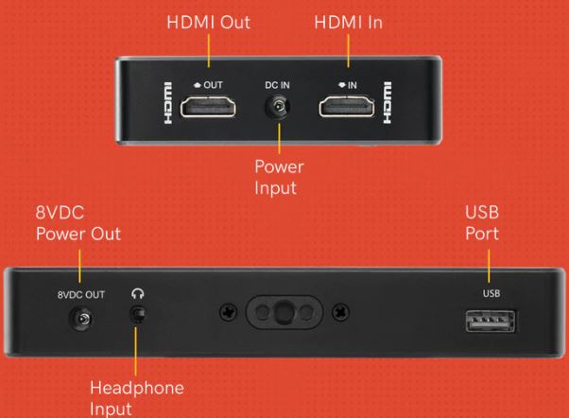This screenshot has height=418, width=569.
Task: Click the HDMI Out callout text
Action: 208,23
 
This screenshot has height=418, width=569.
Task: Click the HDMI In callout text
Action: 349,23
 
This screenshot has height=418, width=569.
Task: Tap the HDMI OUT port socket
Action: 208,106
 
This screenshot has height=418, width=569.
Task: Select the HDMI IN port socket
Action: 347,106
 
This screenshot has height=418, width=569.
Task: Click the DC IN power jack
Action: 277,107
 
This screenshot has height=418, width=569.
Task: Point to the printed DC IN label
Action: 277,85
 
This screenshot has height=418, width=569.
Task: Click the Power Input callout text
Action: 279,177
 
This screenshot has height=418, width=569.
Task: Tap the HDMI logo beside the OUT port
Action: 168,103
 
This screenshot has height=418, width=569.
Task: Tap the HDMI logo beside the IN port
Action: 388,103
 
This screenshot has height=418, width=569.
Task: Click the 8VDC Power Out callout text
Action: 78,223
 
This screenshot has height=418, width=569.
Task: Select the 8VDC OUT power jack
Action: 81,319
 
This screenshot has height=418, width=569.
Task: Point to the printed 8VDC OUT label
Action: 81,294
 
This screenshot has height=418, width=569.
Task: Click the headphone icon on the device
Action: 138,293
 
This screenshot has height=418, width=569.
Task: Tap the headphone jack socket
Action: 138,314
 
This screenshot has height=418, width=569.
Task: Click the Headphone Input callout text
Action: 137,398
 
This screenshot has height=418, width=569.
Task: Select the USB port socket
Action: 491,321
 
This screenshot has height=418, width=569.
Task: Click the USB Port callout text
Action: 482,223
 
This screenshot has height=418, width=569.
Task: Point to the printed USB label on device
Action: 491,293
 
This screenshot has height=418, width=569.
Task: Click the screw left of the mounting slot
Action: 229,312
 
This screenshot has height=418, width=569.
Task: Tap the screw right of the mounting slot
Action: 341,312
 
